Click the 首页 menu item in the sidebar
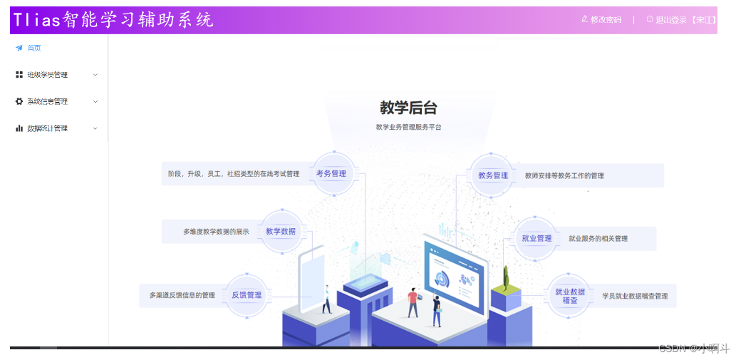[33, 48]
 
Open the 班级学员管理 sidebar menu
[48, 75]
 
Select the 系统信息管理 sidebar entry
[48, 101]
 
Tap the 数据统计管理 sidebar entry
[48, 128]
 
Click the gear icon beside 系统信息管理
[19, 101]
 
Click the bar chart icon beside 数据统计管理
[19, 128]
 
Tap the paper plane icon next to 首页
[19, 48]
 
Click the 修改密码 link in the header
[602, 20]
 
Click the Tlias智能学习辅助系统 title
[113, 20]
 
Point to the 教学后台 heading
[408, 108]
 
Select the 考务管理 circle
[331, 173]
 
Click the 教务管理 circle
[493, 175]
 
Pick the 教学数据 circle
[281, 231]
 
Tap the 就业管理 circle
[537, 238]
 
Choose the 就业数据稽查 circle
[569, 296]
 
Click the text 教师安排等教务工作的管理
[564, 175]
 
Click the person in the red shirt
[413, 302]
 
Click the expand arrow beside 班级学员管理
[95, 75]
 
